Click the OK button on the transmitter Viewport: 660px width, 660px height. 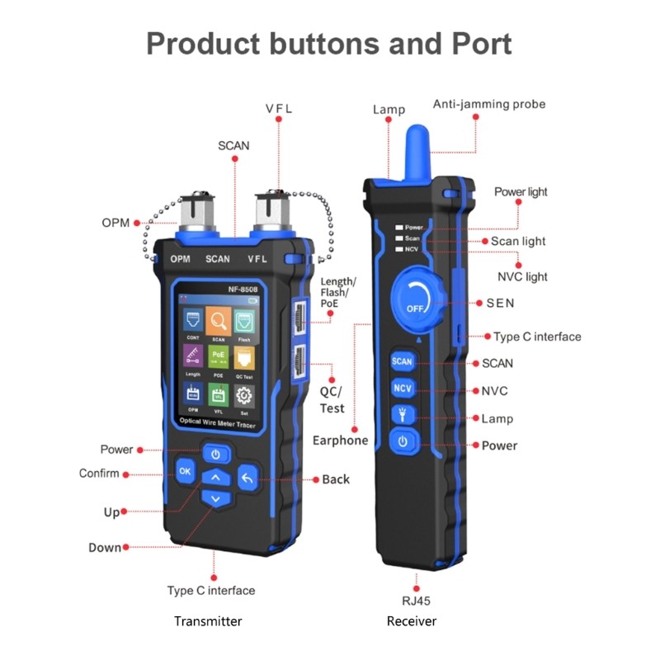(x=184, y=471)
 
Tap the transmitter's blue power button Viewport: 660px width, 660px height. (x=215, y=454)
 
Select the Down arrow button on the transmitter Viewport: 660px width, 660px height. (x=215, y=499)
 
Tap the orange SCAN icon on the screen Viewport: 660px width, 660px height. (x=218, y=320)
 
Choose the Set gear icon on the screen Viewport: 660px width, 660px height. (x=244, y=394)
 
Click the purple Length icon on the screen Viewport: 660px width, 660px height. (x=192, y=356)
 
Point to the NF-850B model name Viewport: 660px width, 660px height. (x=218, y=290)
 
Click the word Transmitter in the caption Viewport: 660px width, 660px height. (x=208, y=621)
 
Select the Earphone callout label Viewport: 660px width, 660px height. (x=340, y=441)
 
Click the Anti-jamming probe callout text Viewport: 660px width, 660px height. (x=489, y=105)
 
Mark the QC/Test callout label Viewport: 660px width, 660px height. (x=332, y=400)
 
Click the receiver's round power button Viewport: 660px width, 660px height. (x=403, y=441)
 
